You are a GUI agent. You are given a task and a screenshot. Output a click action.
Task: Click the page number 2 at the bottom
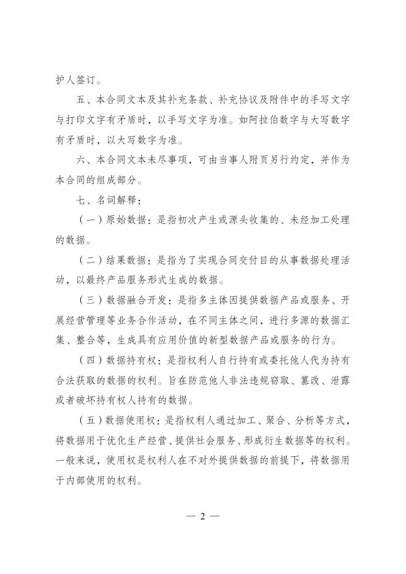point(202,516)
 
